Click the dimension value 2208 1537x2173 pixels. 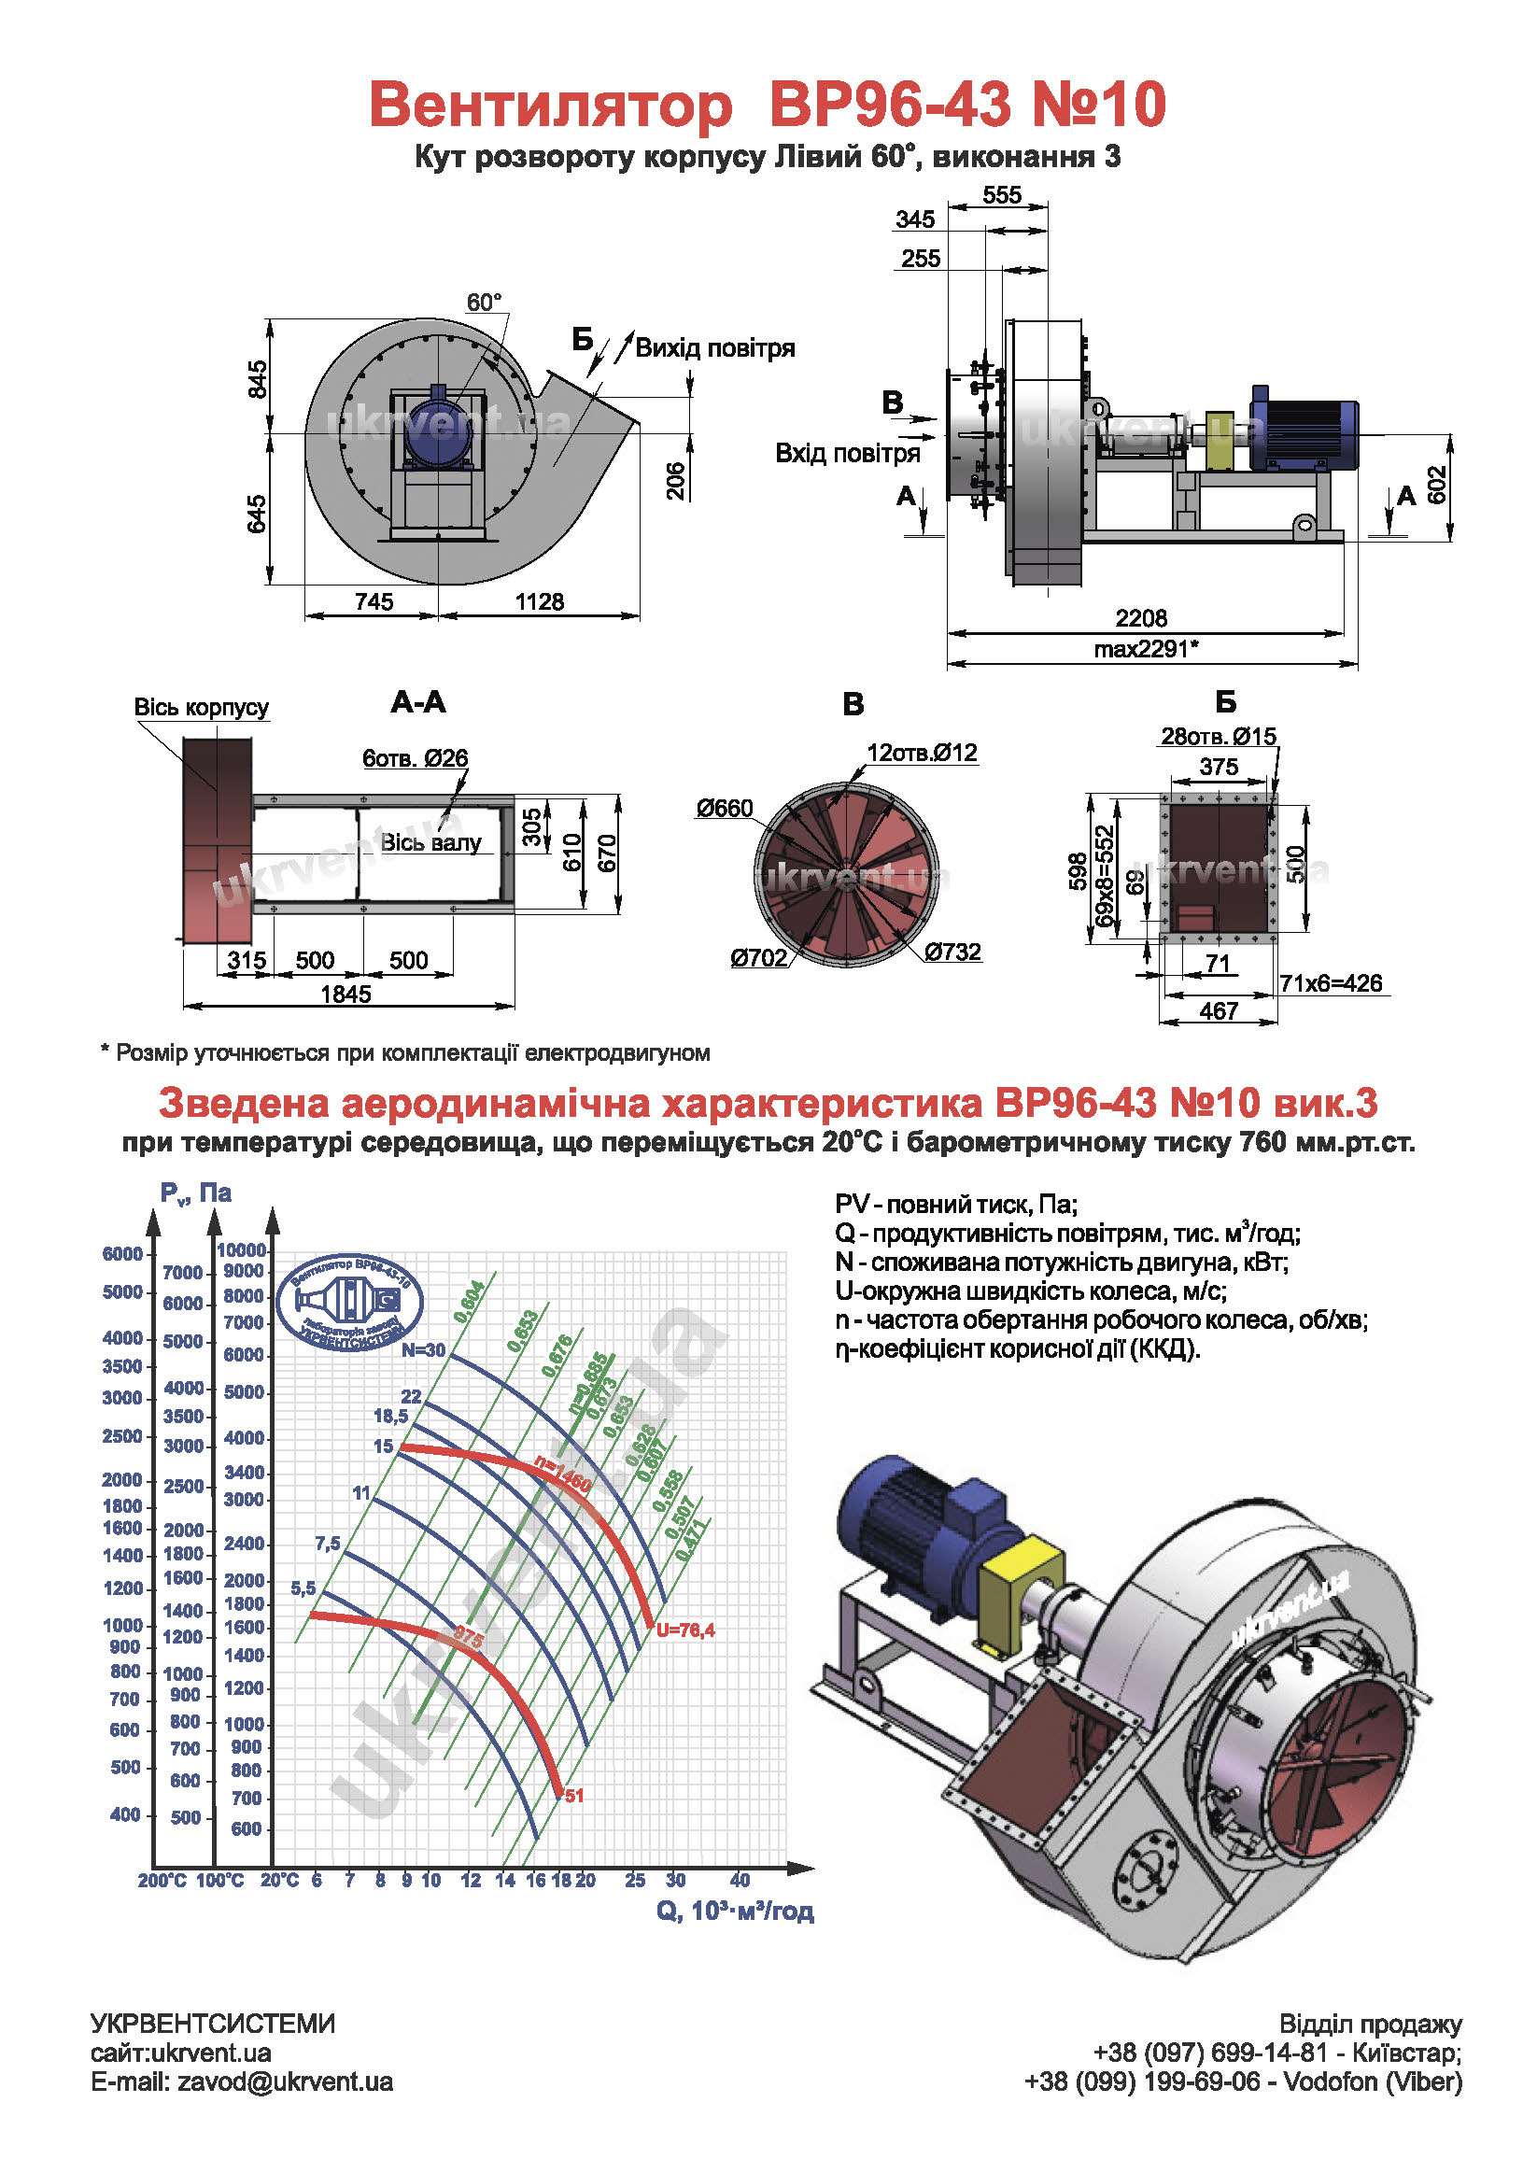click(x=1140, y=618)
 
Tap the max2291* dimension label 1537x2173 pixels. click(x=1145, y=649)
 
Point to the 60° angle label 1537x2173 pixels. click(x=484, y=303)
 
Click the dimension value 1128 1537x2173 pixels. click(x=540, y=602)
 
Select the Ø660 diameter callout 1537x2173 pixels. click(x=724, y=809)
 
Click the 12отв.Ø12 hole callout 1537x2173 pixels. click(x=922, y=753)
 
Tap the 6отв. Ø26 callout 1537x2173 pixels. click(x=415, y=758)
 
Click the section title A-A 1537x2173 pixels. click(x=417, y=702)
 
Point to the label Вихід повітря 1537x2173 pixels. click(x=714, y=348)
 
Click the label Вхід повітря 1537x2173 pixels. click(x=847, y=453)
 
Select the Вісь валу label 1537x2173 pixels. click(x=430, y=842)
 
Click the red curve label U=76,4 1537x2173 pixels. click(x=685, y=1630)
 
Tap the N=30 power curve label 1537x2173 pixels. click(x=423, y=1350)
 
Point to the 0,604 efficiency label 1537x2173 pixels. click(x=470, y=1302)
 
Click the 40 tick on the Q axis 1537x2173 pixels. click(x=740, y=1881)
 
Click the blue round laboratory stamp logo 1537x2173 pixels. click(x=354, y=1302)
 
